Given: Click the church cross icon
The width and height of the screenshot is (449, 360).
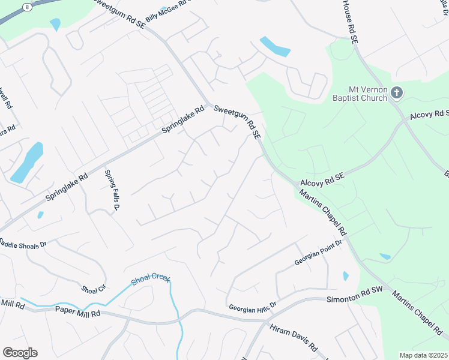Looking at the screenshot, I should [396, 92].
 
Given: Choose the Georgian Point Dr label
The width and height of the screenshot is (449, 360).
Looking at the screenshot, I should [318, 254].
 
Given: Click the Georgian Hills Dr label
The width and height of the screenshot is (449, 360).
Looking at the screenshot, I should [252, 307].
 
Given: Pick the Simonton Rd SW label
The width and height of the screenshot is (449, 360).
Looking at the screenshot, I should [355, 295].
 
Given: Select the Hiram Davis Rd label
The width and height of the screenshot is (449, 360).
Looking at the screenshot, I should [294, 338].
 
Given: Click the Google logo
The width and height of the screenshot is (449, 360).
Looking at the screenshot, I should [20, 353].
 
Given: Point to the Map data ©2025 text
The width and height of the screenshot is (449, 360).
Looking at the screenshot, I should [423, 355].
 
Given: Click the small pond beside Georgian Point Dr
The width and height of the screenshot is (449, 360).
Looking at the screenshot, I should [346, 276].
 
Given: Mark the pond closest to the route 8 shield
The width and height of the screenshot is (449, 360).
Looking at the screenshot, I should [56, 24].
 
